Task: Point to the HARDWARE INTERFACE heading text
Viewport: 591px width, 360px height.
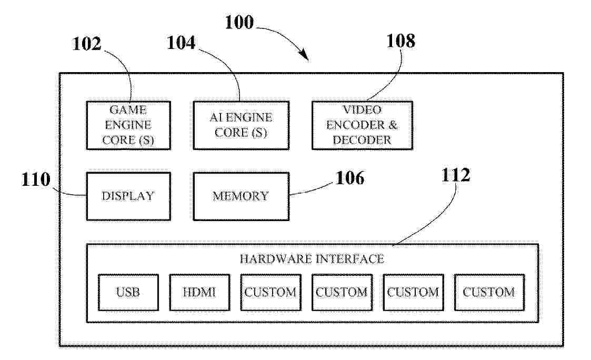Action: point(312,259)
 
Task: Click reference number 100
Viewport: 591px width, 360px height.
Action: point(239,22)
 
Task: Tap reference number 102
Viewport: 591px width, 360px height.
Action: point(87,44)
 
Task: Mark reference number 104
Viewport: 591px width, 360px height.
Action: point(181,43)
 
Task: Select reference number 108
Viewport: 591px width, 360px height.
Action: point(401,41)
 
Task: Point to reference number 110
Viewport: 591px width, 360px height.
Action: point(36,179)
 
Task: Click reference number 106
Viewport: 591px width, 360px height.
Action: point(350,178)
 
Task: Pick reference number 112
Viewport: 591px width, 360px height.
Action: point(456,175)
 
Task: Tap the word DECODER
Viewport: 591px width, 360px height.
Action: point(362,140)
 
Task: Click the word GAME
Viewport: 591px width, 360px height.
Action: point(128,110)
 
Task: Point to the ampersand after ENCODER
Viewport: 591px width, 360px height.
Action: point(393,125)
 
